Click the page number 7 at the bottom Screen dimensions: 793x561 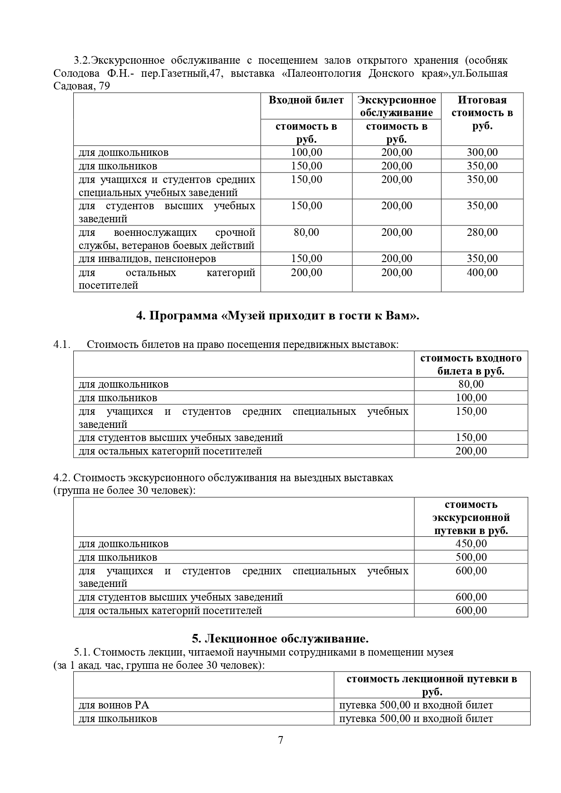pyautogui.click(x=280, y=740)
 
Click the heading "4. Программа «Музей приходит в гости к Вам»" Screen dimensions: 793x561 pyautogui.click(x=278, y=315)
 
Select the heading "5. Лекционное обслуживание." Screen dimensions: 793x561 pyautogui.click(x=280, y=638)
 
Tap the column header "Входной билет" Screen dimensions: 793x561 pyautogui.click(x=306, y=100)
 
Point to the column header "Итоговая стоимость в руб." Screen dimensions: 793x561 pyautogui.click(x=482, y=113)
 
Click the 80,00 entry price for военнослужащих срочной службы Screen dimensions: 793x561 pyautogui.click(x=306, y=232)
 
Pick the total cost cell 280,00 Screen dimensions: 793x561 pyautogui.click(x=482, y=232)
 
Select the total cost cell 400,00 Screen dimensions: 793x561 pyautogui.click(x=482, y=272)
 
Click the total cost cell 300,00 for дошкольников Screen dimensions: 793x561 pyautogui.click(x=482, y=153)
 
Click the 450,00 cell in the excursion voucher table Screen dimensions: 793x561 pyautogui.click(x=471, y=544)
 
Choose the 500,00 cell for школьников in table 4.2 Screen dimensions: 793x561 pyautogui.click(x=471, y=557)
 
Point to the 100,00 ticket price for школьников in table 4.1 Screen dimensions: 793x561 pyautogui.click(x=471, y=398)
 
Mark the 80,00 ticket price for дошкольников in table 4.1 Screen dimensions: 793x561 pyautogui.click(x=471, y=384)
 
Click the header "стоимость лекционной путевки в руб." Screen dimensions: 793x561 pyautogui.click(x=432, y=685)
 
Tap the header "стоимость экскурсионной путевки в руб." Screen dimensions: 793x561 pyautogui.click(x=471, y=517)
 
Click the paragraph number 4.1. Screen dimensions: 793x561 pyautogui.click(x=62, y=344)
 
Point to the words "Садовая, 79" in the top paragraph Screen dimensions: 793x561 pyautogui.click(x=81, y=86)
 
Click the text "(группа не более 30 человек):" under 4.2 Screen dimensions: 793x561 pyautogui.click(x=124, y=490)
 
